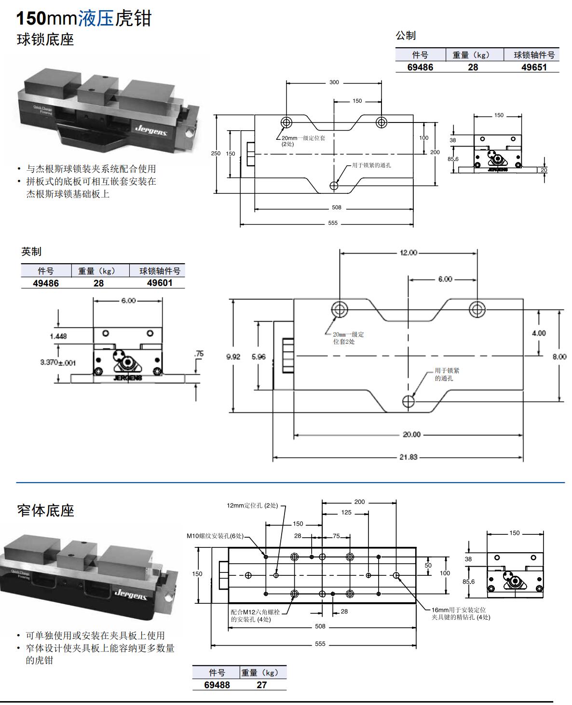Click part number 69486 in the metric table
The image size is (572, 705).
(420, 68)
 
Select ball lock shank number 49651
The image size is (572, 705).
(534, 68)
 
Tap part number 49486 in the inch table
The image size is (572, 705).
(46, 284)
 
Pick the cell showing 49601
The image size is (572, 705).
(160, 283)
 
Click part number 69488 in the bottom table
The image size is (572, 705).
(217, 685)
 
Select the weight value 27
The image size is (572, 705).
(261, 685)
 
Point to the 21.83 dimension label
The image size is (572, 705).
(408, 457)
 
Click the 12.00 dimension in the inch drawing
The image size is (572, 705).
(408, 253)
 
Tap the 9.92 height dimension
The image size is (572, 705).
(233, 357)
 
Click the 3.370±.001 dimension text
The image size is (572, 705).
(58, 363)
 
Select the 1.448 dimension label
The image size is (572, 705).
(58, 336)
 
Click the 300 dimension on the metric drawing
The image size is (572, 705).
(334, 82)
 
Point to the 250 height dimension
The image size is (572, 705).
(216, 153)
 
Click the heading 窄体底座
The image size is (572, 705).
(46, 510)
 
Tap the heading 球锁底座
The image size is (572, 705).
(45, 40)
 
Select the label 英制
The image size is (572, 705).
(31, 251)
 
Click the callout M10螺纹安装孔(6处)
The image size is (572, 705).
(215, 536)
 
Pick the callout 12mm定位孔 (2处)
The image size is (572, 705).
(252, 506)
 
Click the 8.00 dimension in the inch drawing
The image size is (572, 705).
(559, 357)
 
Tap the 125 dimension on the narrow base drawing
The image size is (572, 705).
(346, 513)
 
